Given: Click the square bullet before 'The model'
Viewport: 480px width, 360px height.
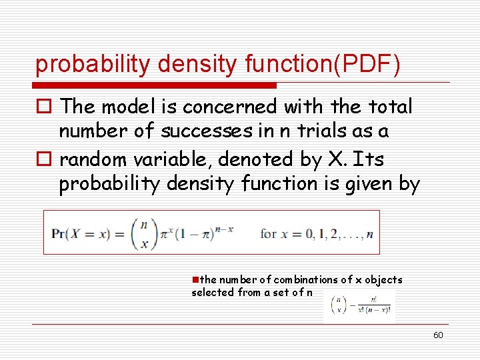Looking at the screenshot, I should pyautogui.click(x=44, y=107).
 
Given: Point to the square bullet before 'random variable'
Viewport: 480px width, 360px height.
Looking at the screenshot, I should pyautogui.click(x=44, y=160).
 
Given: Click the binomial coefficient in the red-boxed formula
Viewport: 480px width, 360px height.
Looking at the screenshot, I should pyautogui.click(x=143, y=233).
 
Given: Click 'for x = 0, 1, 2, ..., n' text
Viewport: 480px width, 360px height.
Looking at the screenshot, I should pyautogui.click(x=317, y=234).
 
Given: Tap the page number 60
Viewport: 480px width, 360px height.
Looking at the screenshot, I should pyautogui.click(x=438, y=335).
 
